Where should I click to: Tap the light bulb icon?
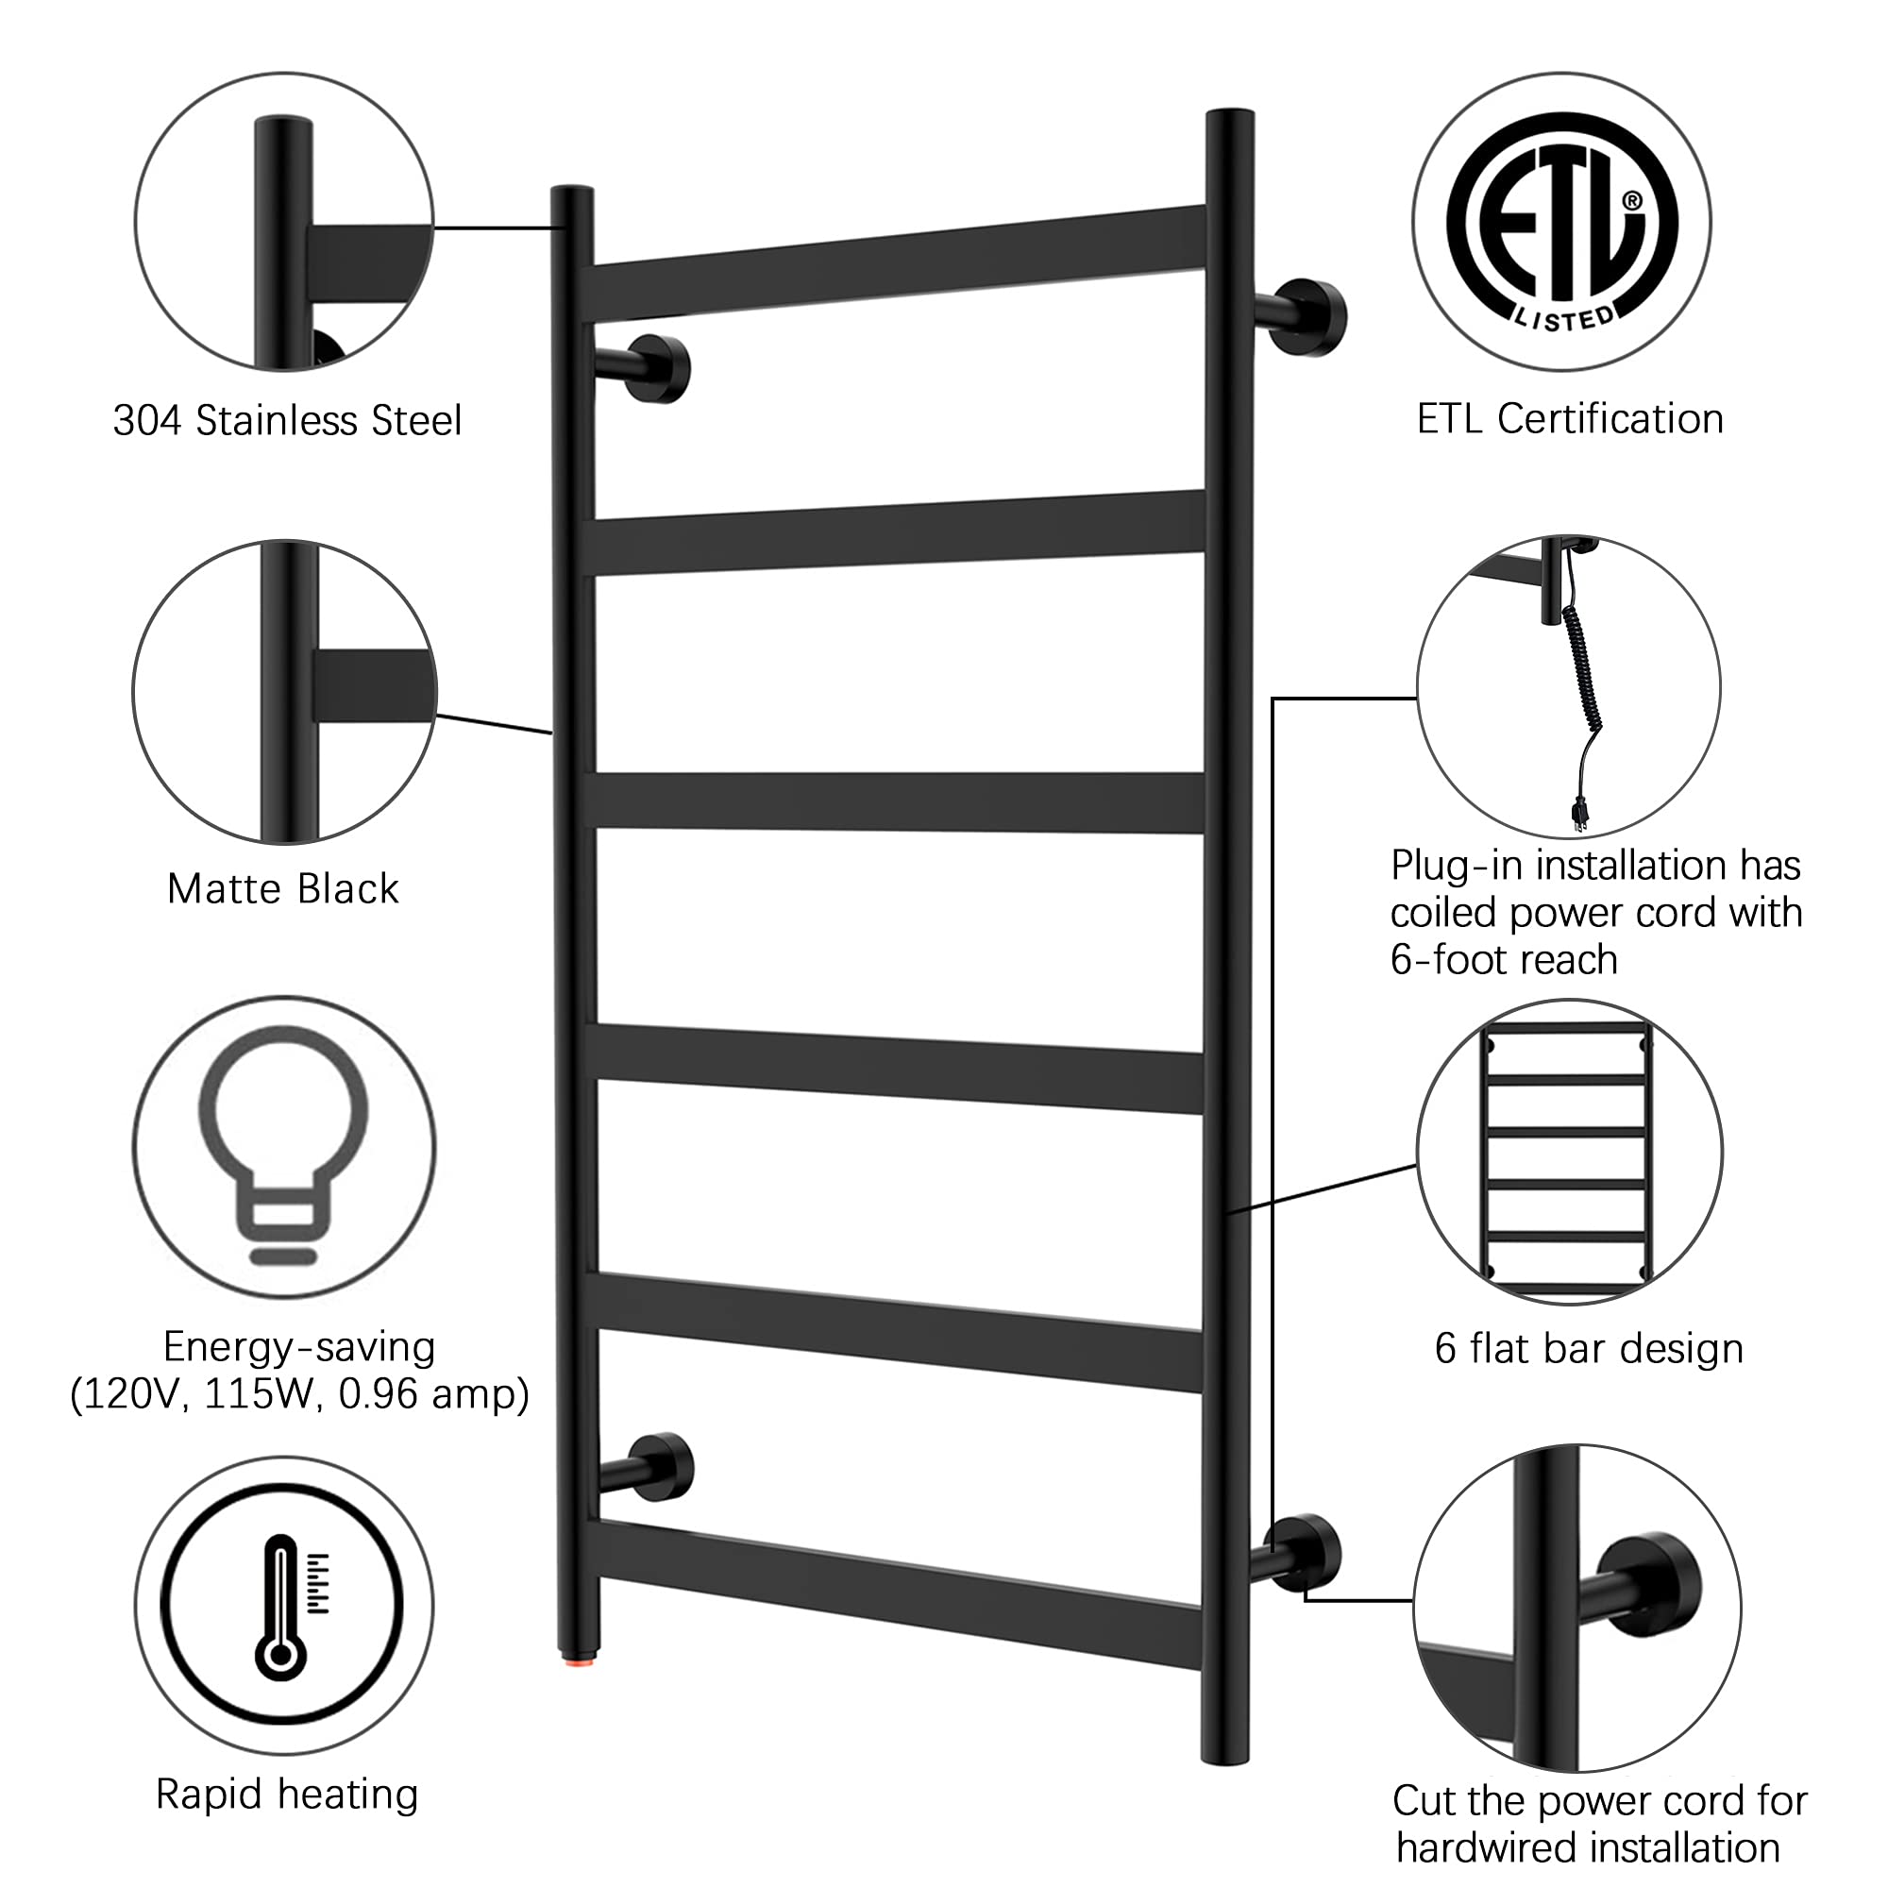click(283, 1144)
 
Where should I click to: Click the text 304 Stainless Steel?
click(287, 420)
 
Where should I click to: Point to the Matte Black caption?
click(283, 888)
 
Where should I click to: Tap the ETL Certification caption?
click(1571, 418)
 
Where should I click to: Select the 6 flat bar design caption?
click(1589, 1348)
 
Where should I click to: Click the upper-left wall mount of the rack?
click(645, 368)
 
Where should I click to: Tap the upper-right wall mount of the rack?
click(1301, 317)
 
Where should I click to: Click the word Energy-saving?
click(299, 1347)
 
